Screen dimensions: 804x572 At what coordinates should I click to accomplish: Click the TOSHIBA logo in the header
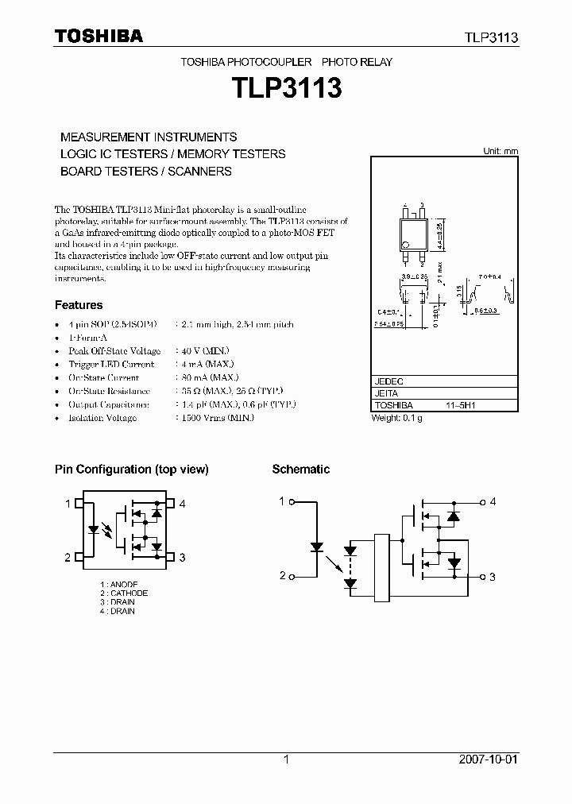pyautogui.click(x=99, y=37)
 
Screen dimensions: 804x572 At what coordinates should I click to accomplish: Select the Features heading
pyautogui.click(x=79, y=305)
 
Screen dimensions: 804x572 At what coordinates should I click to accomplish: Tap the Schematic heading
pyautogui.click(x=300, y=470)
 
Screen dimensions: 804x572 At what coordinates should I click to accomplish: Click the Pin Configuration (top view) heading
pyautogui.click(x=132, y=470)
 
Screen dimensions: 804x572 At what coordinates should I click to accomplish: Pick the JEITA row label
pyautogui.click(x=386, y=393)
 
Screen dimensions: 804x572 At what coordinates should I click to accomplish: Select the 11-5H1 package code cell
pyautogui.click(x=460, y=405)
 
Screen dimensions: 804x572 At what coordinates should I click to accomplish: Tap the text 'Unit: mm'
pyautogui.click(x=500, y=151)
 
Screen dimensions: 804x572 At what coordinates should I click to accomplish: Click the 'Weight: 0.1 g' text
pyautogui.click(x=397, y=418)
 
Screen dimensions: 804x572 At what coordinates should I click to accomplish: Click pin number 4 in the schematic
pyautogui.click(x=493, y=501)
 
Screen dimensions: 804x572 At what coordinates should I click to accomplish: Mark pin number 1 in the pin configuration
pyautogui.click(x=68, y=504)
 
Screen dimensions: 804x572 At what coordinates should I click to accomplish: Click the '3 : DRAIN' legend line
pyautogui.click(x=118, y=602)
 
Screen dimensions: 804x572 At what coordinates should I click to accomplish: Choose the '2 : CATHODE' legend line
pyautogui.click(x=124, y=593)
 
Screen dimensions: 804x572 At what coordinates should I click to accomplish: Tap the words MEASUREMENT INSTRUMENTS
pyautogui.click(x=149, y=137)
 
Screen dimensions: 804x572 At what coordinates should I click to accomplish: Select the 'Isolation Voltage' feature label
pyautogui.click(x=102, y=418)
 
